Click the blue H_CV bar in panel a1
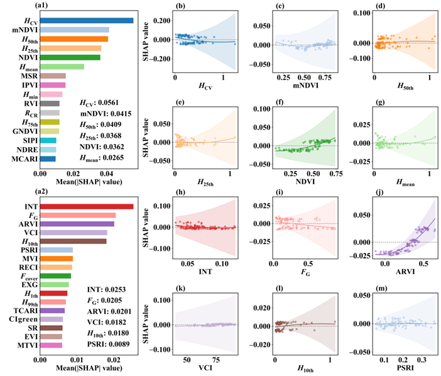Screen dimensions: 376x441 point(87,21)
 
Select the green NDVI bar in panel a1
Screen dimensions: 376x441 point(70,57)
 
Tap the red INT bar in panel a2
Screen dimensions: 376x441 point(87,205)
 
